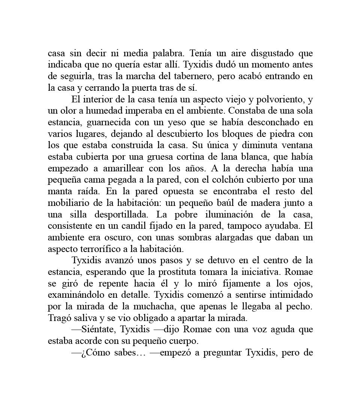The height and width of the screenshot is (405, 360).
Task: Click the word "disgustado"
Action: (x=238, y=54)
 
